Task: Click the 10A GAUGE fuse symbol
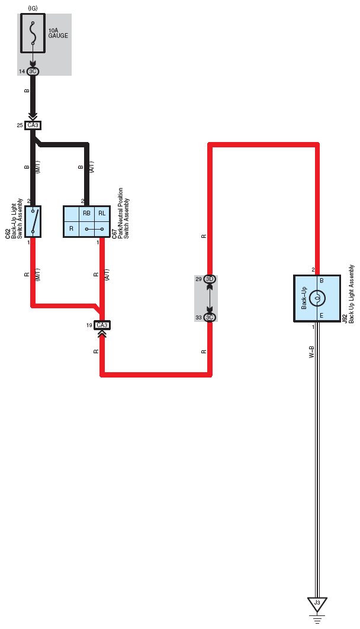pos(33,33)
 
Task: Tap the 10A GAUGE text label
pos(58,33)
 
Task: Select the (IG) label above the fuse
pos(33,8)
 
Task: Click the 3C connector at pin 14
pos(33,72)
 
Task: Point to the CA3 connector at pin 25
pos(33,125)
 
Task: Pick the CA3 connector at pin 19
pos(102,325)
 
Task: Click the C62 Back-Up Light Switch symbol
pos(33,221)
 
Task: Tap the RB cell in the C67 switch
pos(86,214)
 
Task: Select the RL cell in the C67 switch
pos(102,214)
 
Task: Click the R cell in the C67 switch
pos(72,228)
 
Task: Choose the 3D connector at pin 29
pos(210,279)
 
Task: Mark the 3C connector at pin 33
pos(210,317)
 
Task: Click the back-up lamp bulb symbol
pos(317,298)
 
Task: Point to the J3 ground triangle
pos(317,604)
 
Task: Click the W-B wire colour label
pos(311,351)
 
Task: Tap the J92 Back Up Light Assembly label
pos(348,294)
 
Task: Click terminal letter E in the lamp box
pos(322,316)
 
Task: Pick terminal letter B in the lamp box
pos(322,281)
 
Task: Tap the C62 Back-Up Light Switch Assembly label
pos(14,219)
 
